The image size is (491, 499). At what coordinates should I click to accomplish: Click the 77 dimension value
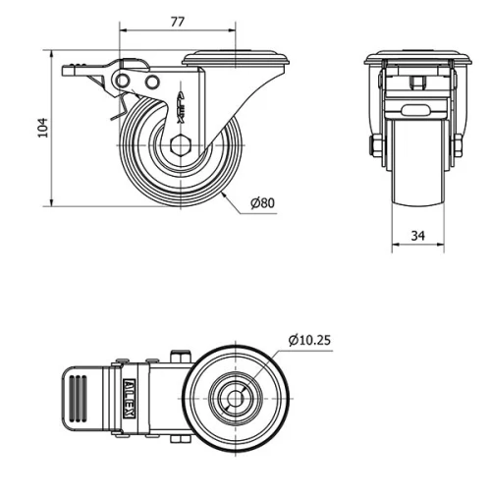pyautogui.click(x=178, y=22)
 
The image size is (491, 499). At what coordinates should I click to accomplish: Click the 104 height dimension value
pyautogui.click(x=43, y=128)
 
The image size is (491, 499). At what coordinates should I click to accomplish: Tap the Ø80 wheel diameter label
pyautogui.click(x=262, y=203)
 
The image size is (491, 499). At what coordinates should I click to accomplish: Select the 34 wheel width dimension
pyautogui.click(x=418, y=236)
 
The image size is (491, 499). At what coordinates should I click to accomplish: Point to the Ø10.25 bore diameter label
pyautogui.click(x=309, y=340)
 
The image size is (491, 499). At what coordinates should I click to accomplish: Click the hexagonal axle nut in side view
pyautogui.click(x=181, y=144)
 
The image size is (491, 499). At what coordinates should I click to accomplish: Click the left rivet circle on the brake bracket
pyautogui.click(x=123, y=81)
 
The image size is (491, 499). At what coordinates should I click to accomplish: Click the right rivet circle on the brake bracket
pyautogui.click(x=152, y=82)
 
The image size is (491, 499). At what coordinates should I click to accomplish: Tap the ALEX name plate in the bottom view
pyautogui.click(x=130, y=399)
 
